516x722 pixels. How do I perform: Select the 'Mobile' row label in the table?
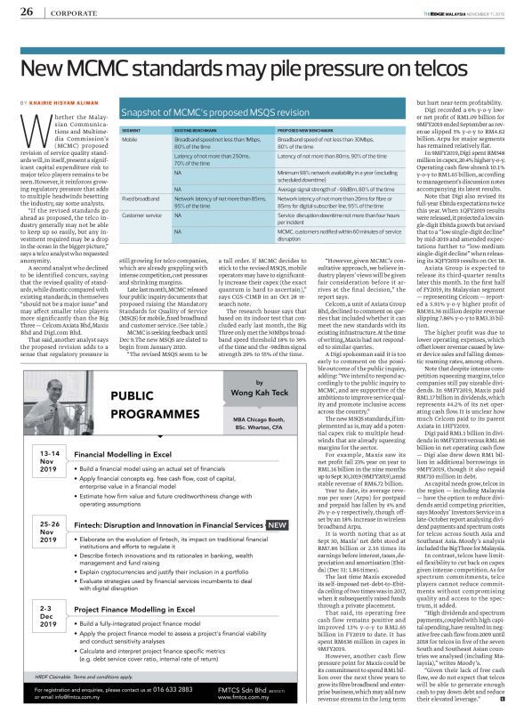point(130,140)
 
